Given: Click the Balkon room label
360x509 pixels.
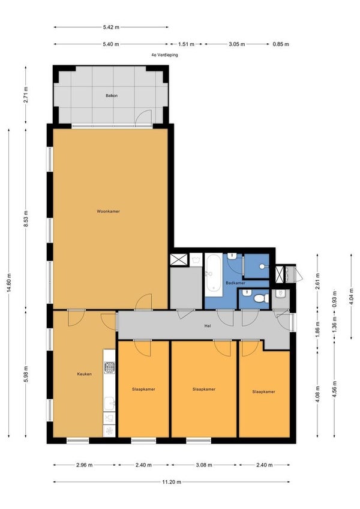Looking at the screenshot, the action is pyautogui.click(x=112, y=96).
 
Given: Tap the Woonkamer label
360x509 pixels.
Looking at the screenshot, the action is pyautogui.click(x=108, y=211).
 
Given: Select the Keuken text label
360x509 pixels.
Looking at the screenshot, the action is pyautogui.click(x=84, y=374).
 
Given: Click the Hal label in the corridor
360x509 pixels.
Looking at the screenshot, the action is pyautogui.click(x=208, y=325).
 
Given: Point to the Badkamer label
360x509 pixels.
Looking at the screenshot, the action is pyautogui.click(x=235, y=283).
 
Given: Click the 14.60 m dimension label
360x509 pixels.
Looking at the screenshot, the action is pyautogui.click(x=9, y=283).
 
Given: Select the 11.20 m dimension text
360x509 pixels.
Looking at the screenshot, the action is pyautogui.click(x=172, y=482).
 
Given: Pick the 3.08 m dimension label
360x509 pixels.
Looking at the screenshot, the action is pyautogui.click(x=204, y=465).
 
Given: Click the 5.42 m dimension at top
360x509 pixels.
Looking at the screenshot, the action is pyautogui.click(x=111, y=27).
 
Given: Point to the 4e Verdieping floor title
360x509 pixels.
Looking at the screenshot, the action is pyautogui.click(x=164, y=55).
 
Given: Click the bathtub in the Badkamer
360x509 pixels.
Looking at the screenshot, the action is pyautogui.click(x=213, y=275).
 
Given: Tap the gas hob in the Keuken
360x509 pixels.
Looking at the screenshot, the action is pyautogui.click(x=109, y=367).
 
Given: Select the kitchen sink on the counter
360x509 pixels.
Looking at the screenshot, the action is pyautogui.click(x=109, y=404).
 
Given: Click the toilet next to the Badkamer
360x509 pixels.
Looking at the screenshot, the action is pyautogui.click(x=262, y=298).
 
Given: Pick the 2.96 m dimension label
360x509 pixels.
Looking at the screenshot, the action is pyautogui.click(x=85, y=465).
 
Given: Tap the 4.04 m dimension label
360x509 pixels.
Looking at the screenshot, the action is pyautogui.click(x=350, y=296).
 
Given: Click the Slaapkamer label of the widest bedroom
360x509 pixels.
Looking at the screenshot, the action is pyautogui.click(x=204, y=389).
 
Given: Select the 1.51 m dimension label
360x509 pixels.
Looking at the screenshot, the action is pyautogui.click(x=187, y=44).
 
